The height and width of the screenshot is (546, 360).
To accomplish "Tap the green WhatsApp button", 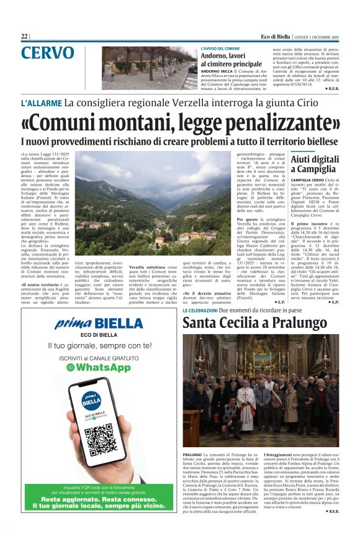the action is coord(99,367).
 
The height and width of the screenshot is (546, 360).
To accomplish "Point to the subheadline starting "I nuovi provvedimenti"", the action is coord(180,140).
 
